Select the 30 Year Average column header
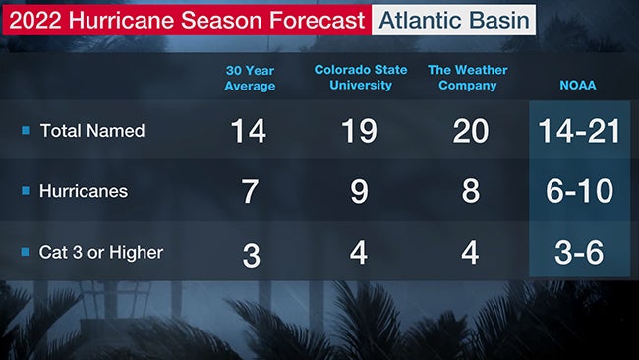tap(250, 78)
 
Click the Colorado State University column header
tap(359, 78)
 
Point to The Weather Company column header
tap(471, 78)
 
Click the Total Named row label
tap(91, 131)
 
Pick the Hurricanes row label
tap(83, 192)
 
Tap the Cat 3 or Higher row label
tap(100, 252)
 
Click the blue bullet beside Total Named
tap(27, 131)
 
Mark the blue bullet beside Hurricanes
tap(27, 192)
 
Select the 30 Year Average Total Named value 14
tap(249, 132)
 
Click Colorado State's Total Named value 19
tap(359, 132)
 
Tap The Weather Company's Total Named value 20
tap(471, 132)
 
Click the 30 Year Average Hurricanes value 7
tap(250, 192)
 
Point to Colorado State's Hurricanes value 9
tap(359, 192)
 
